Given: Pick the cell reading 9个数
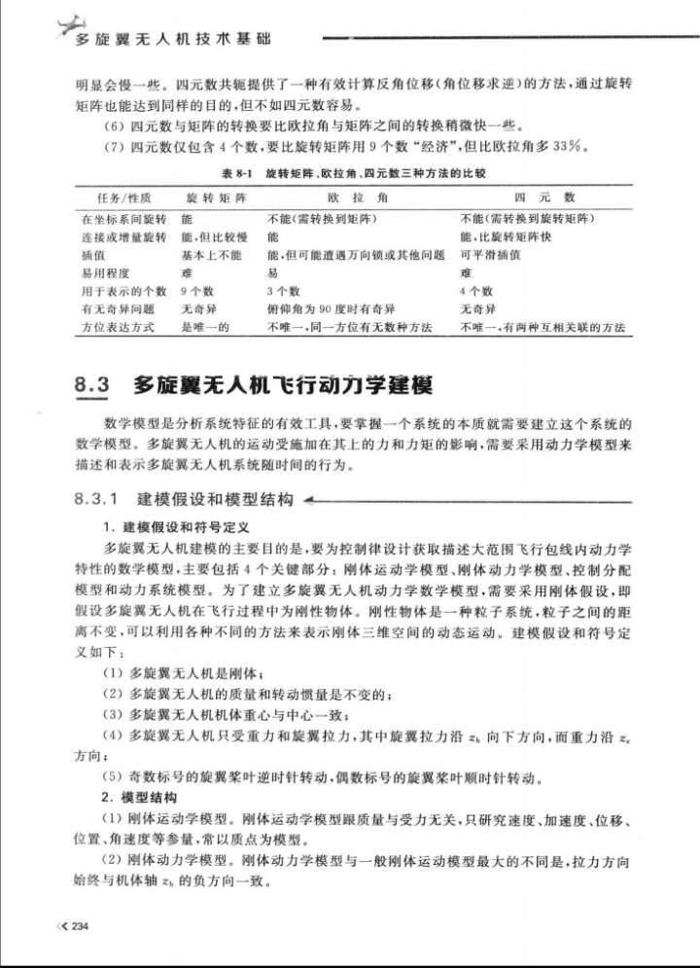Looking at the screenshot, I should pyautogui.click(x=196, y=290).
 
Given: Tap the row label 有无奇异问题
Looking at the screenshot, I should pyautogui.click(x=114, y=308).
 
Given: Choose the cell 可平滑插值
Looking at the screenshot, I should pyautogui.click(x=491, y=254).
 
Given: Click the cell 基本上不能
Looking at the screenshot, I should pyautogui.click(x=211, y=254).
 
